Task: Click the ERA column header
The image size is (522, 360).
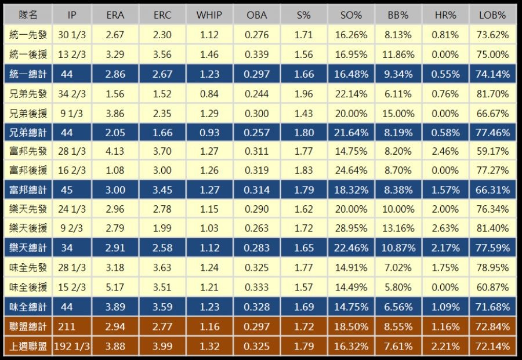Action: (x=115, y=15)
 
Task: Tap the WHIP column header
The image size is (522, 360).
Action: (x=209, y=15)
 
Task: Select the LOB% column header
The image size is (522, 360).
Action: (x=494, y=15)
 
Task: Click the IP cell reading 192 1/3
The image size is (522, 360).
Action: (x=72, y=347)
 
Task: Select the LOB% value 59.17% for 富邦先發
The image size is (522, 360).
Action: (x=494, y=152)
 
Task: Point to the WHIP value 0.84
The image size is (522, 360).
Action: (x=209, y=94)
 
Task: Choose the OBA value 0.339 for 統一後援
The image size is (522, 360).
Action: (x=256, y=54)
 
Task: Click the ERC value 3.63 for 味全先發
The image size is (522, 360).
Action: (x=162, y=268)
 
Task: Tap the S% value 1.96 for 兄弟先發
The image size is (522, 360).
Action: (x=303, y=94)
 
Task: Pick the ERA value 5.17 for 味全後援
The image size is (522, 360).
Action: (x=115, y=288)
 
